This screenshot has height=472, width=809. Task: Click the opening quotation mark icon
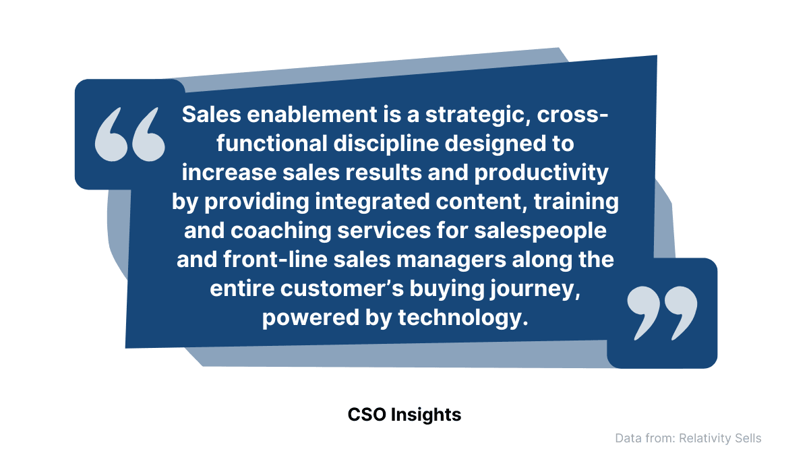(129, 134)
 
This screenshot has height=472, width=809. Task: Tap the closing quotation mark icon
(662, 314)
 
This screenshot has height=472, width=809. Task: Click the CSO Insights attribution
(404, 414)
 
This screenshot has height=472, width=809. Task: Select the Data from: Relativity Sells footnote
(688, 438)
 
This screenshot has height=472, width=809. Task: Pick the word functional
(272, 144)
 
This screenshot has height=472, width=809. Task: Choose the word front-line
(275, 260)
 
